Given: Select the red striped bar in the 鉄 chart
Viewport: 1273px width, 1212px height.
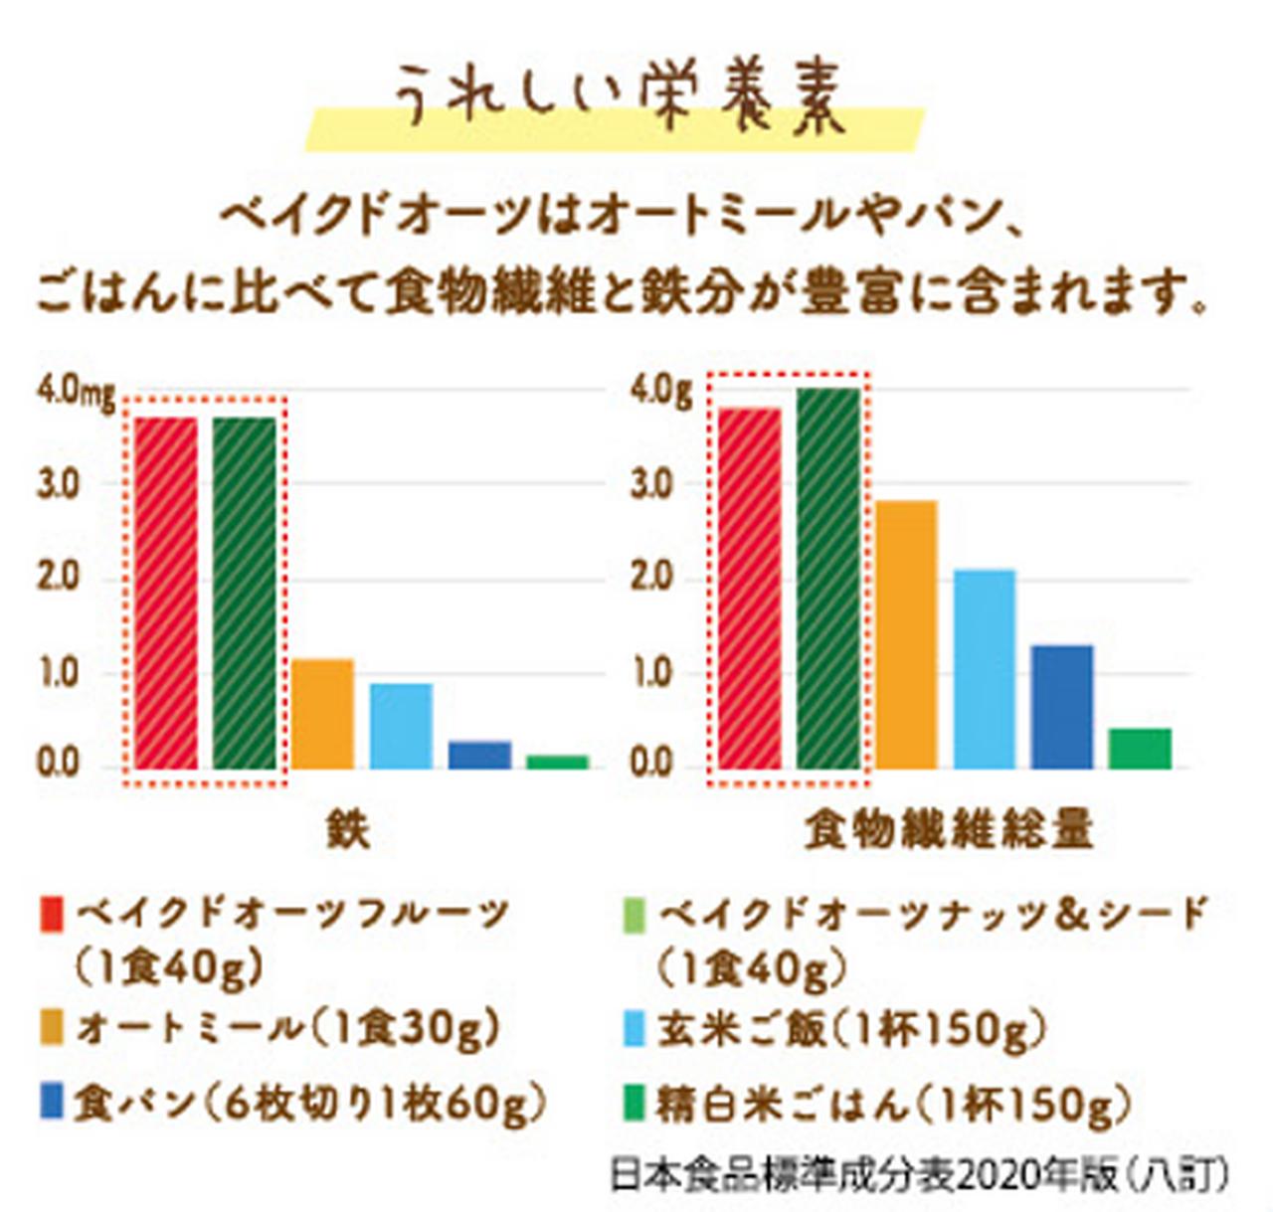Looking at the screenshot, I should (x=165, y=593).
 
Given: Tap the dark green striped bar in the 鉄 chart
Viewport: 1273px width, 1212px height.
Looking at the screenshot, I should (x=245, y=593).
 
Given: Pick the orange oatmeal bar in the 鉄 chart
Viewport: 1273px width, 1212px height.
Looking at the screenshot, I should (x=322, y=714).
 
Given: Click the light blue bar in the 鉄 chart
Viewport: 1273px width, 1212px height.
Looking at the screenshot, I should (x=401, y=726).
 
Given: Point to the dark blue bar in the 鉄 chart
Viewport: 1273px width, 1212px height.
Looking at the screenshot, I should (x=479, y=755).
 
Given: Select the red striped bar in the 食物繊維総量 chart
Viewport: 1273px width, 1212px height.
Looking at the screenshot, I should (x=749, y=588).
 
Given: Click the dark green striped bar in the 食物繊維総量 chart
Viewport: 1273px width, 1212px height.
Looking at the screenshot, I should (x=828, y=578).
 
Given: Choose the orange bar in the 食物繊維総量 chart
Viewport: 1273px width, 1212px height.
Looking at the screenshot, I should (x=906, y=634).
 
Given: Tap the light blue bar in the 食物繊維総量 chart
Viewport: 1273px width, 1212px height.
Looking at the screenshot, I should (x=985, y=668).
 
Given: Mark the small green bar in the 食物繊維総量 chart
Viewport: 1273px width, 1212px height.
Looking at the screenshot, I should (x=1140, y=748).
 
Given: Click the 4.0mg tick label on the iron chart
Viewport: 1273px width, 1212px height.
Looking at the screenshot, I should (x=76, y=394).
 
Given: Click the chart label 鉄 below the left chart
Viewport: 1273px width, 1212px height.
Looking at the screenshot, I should (x=348, y=829).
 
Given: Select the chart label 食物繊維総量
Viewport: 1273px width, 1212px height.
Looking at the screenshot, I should (x=949, y=829).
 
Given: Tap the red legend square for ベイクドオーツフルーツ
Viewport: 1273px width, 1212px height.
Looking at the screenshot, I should (x=52, y=913).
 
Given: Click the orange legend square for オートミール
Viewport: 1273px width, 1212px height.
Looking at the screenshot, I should (x=52, y=1027).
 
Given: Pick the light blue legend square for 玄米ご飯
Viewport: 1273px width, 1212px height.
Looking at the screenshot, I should (x=634, y=1028).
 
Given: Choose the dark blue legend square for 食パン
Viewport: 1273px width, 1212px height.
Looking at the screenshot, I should (x=52, y=1103).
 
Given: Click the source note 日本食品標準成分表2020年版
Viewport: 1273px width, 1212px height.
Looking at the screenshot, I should (x=919, y=1176).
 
